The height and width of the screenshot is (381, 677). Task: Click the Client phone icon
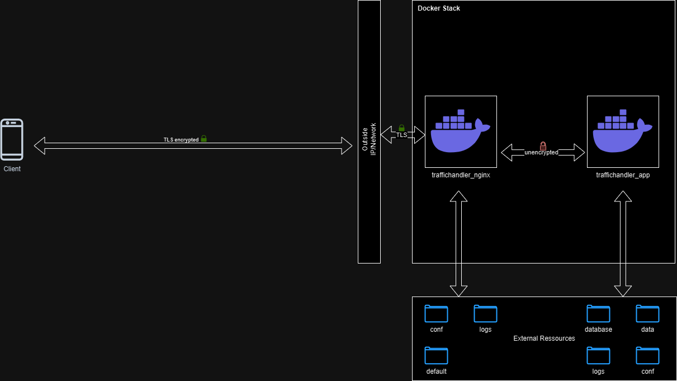(x=12, y=139)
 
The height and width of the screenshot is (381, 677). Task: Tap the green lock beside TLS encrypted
(x=203, y=139)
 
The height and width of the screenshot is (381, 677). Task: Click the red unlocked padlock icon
(x=542, y=146)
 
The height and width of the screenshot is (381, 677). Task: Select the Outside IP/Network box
(x=369, y=131)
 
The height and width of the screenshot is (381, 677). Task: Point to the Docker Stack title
(x=439, y=8)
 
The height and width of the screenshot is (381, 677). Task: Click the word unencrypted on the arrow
(x=541, y=153)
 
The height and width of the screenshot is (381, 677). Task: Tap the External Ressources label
(x=544, y=338)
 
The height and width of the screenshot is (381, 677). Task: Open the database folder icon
(x=598, y=314)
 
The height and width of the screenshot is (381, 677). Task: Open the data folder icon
(x=647, y=314)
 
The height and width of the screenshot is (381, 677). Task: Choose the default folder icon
(x=436, y=356)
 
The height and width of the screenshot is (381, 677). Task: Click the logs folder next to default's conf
(x=485, y=314)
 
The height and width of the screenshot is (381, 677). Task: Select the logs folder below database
(x=598, y=356)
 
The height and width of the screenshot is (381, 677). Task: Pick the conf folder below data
(x=647, y=356)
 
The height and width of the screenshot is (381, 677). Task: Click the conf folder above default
(x=436, y=314)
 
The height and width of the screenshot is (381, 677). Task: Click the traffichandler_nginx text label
(x=461, y=175)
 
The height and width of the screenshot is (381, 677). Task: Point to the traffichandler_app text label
(x=623, y=175)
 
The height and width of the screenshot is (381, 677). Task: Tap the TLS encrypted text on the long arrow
(x=181, y=139)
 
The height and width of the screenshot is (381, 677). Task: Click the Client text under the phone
(x=12, y=168)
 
